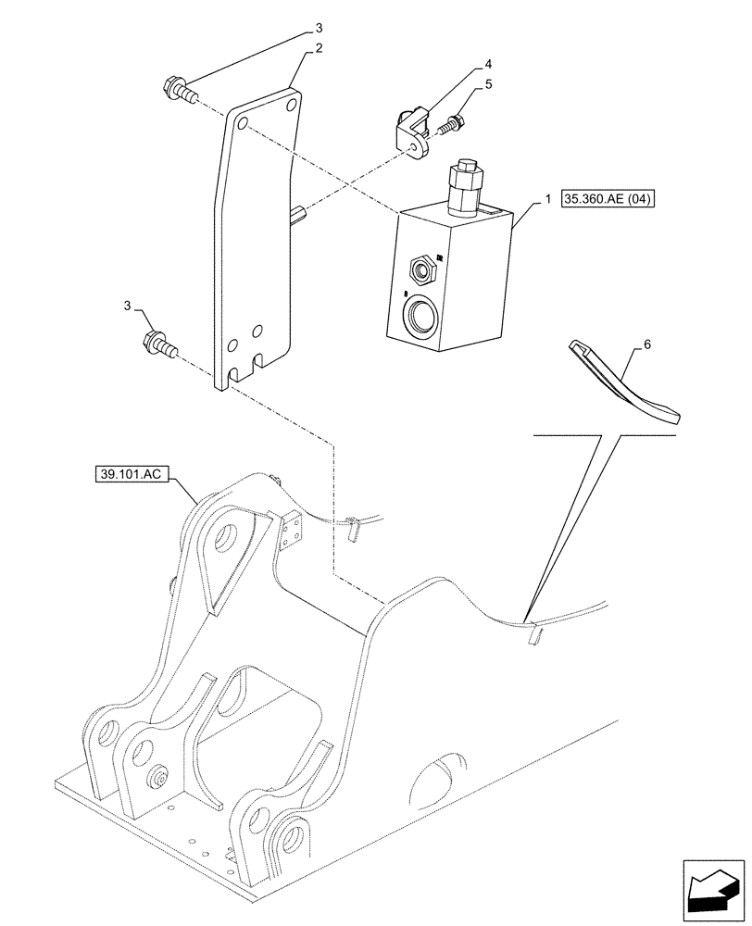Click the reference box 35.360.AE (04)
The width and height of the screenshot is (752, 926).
(x=608, y=199)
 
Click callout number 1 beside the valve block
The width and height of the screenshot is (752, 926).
(x=548, y=199)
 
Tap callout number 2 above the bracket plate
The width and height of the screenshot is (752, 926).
(x=319, y=48)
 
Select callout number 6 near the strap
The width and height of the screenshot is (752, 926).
(x=647, y=344)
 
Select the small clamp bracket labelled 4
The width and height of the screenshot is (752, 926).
(x=413, y=132)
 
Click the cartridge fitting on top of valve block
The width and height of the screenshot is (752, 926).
(x=464, y=185)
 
